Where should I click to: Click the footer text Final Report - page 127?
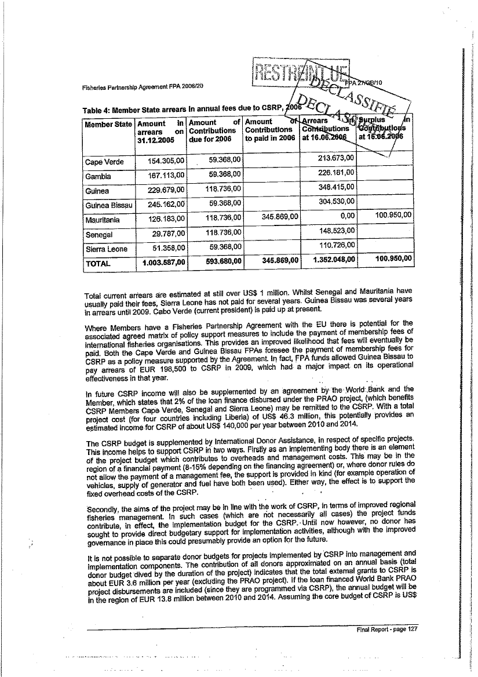point(384,629)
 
